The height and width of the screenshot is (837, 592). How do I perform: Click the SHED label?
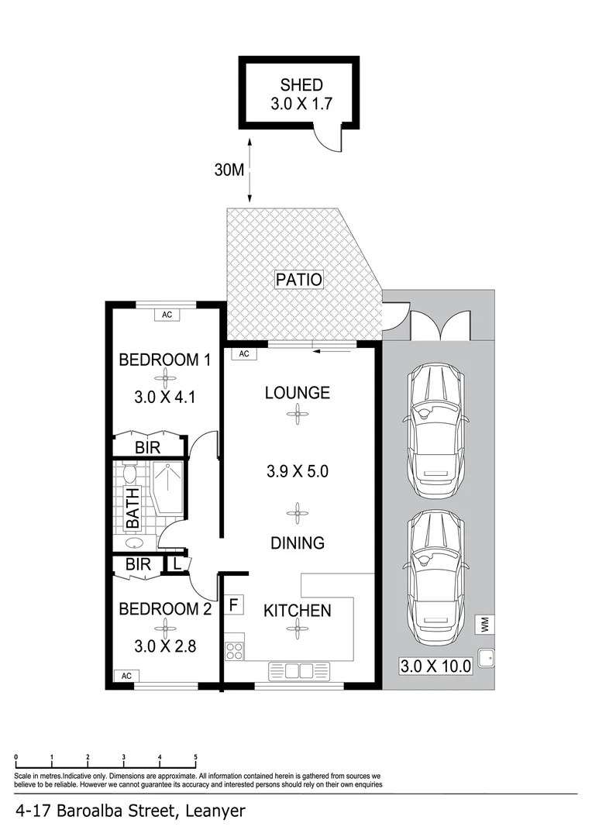[301, 85]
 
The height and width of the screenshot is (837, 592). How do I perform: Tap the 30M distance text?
[229, 170]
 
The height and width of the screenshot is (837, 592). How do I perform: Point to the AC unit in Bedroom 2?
[126, 676]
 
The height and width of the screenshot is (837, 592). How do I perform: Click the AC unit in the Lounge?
[243, 354]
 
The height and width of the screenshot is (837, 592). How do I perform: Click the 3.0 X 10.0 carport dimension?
[435, 666]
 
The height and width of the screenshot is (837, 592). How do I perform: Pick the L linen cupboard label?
[177, 564]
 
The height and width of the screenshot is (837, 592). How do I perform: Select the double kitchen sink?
[298, 670]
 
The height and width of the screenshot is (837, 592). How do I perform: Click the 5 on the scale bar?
[195, 757]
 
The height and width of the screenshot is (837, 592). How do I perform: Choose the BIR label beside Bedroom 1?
[148, 447]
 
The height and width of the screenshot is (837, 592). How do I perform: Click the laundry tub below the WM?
[485, 660]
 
